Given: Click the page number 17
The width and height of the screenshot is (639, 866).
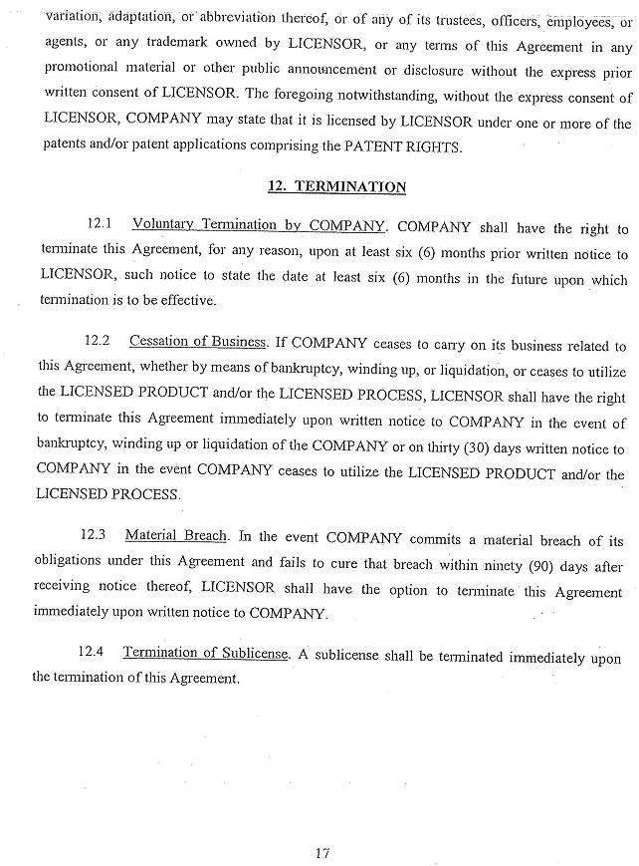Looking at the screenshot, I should (320, 824).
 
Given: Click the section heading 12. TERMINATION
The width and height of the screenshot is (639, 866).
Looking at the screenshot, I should (336, 186).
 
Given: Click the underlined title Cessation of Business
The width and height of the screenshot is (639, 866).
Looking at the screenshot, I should (198, 343).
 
